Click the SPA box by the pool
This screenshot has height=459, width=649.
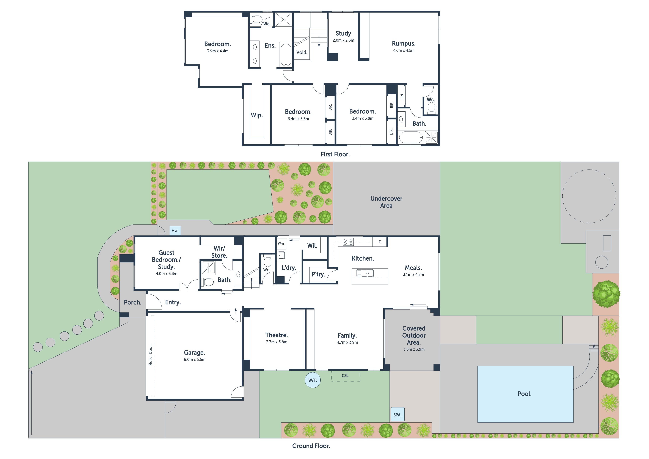[397, 415]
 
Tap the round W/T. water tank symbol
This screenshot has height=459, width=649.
[313, 380]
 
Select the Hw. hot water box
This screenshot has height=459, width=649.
[175, 230]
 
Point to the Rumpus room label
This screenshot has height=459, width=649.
[404, 43]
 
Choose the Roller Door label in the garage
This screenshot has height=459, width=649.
[150, 354]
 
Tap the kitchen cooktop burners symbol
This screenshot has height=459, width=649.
[348, 242]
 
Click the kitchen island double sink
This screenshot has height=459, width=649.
[365, 273]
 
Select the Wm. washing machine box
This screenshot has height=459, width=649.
[281, 243]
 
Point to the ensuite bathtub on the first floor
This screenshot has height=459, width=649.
[286, 55]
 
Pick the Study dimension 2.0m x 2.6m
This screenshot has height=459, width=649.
[343, 40]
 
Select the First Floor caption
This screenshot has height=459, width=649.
[335, 154]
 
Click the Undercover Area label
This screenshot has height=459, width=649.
[386, 202]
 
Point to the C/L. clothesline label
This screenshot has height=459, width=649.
[345, 376]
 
